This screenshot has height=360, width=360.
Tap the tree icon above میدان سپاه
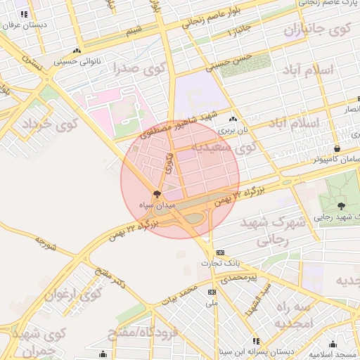pyautogui.click(x=157, y=193)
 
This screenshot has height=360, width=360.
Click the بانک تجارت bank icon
pyautogui.click(x=221, y=252)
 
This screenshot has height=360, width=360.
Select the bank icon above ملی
pyautogui.click(x=212, y=292)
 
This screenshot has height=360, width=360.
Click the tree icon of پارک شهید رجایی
pyautogui.click(x=342, y=206)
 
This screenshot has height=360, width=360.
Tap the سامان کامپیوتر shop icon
pyautogui.click(x=337, y=148)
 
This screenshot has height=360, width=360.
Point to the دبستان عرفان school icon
pyautogui.click(x=24, y=14)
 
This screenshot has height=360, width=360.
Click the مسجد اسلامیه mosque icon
pyautogui.click(x=333, y=345)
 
